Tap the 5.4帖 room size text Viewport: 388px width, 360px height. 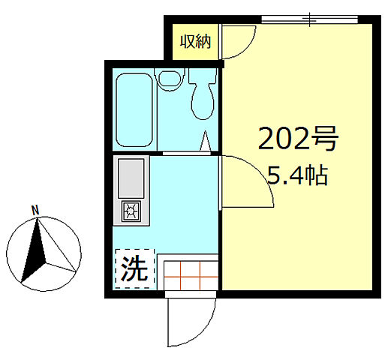pos(297,177)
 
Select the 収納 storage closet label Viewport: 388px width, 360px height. pos(194,42)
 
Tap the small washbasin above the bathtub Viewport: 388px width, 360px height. pos(170,76)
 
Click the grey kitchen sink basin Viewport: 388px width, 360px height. pos(131,178)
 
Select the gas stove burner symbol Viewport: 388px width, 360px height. pos(131,211)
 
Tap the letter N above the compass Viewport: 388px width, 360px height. pos(35,209)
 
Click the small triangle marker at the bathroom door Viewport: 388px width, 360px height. pos(204,141)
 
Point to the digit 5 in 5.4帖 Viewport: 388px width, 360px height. pos(274,178)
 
